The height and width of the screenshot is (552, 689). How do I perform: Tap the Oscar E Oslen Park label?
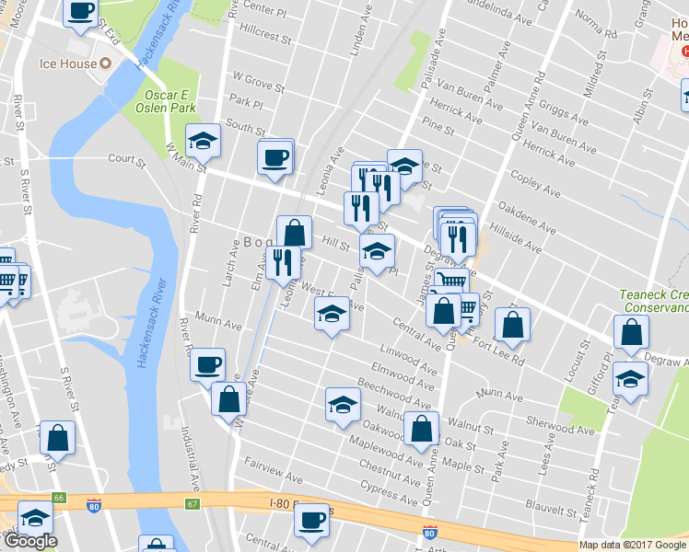coord(170,101)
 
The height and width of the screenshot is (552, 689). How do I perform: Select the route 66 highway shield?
coord(58,497)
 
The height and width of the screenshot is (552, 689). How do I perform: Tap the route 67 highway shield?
coord(192,503)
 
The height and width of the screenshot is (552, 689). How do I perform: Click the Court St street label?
coord(127,158)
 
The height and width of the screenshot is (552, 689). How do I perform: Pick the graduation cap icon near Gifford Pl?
coord(630,377)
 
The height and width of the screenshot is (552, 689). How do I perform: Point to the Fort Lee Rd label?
coord(497,350)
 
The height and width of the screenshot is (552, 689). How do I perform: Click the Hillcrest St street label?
coord(264,40)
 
